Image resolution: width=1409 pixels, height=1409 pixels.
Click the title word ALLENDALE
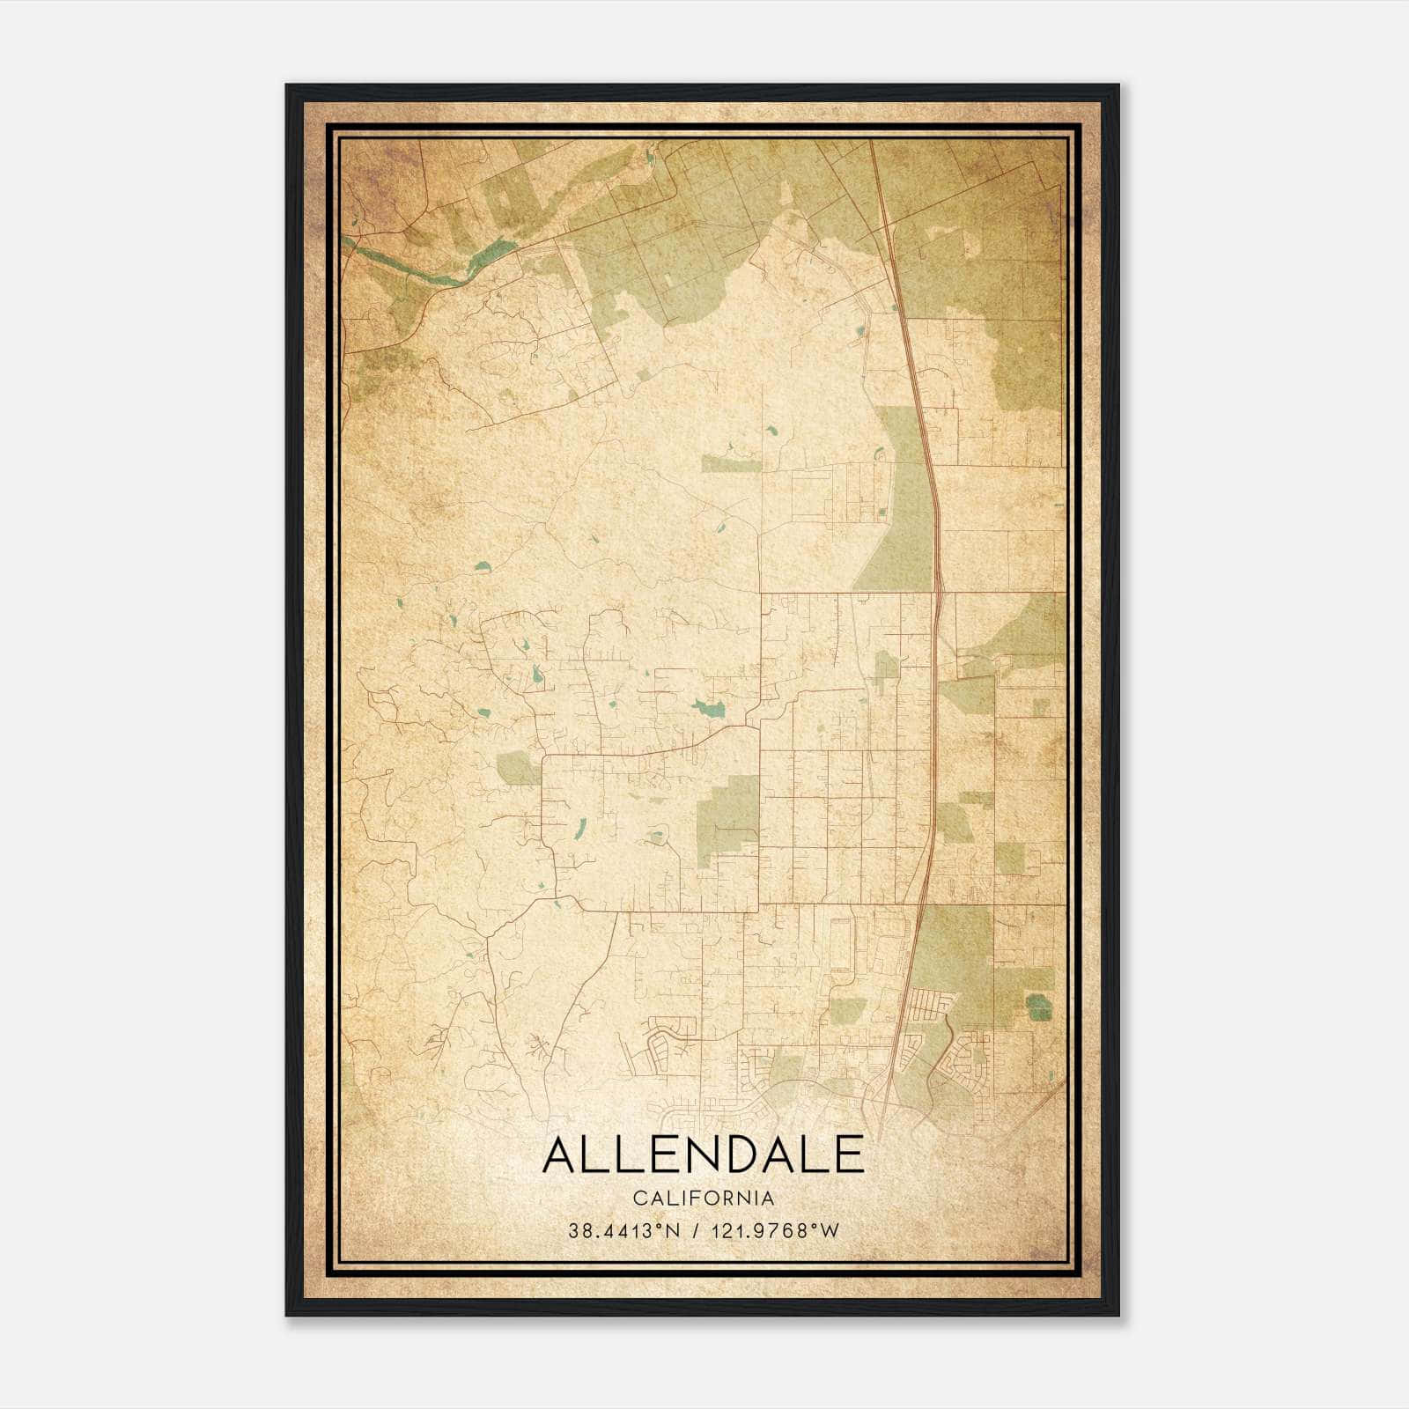click(x=703, y=1155)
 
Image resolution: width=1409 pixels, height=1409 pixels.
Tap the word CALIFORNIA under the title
click(x=703, y=1199)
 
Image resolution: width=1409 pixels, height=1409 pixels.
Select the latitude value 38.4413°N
click(x=624, y=1231)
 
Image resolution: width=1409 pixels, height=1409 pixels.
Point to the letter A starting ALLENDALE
click(x=560, y=1155)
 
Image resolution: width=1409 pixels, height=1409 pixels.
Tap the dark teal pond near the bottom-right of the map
click(x=1039, y=1006)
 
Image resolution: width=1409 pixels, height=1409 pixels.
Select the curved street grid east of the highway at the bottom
click(x=969, y=1057)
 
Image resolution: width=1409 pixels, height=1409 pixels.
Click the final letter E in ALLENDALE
click(x=849, y=1155)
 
